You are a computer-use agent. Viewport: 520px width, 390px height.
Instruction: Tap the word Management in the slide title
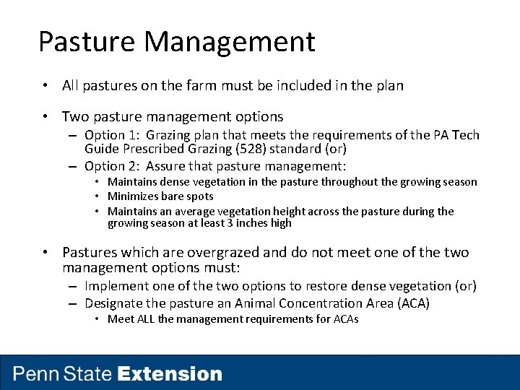coord(229,42)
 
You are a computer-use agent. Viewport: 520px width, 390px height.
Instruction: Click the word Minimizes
coord(132,196)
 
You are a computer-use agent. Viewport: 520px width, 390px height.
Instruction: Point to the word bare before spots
coord(170,196)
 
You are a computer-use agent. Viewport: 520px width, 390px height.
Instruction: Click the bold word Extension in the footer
coord(170,374)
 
